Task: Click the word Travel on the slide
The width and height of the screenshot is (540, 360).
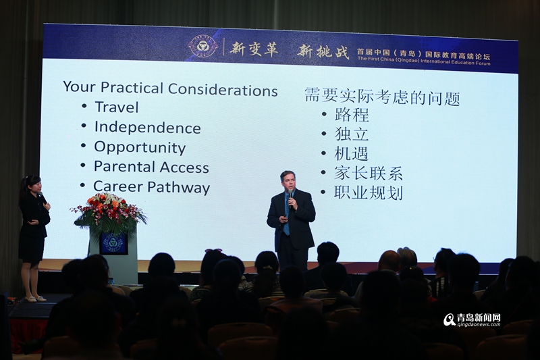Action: click(x=117, y=107)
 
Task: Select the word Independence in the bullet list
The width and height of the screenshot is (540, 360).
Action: click(x=148, y=128)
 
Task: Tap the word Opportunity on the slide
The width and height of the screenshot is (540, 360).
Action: click(x=140, y=148)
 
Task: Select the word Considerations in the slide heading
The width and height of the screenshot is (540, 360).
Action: click(x=223, y=90)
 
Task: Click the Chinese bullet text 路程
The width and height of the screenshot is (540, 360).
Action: click(x=352, y=115)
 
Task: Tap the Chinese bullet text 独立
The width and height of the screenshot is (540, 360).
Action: click(x=352, y=134)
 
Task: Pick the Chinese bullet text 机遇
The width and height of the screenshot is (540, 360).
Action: click(x=351, y=153)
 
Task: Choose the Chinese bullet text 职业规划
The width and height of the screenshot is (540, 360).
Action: click(x=368, y=193)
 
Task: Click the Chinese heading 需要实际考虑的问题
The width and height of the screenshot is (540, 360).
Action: click(x=382, y=97)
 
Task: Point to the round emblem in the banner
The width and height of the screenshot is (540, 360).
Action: click(x=203, y=46)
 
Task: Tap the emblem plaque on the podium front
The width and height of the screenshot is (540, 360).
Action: click(x=113, y=243)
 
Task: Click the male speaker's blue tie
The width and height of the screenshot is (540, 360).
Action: click(x=286, y=215)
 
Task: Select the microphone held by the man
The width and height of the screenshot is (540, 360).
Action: click(x=290, y=197)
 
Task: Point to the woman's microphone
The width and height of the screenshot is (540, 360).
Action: click(x=43, y=197)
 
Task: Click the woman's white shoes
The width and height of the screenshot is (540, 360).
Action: click(x=36, y=299)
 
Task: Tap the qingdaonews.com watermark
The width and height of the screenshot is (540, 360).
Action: click(x=472, y=320)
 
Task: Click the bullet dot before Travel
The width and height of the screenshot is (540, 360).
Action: click(x=84, y=106)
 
